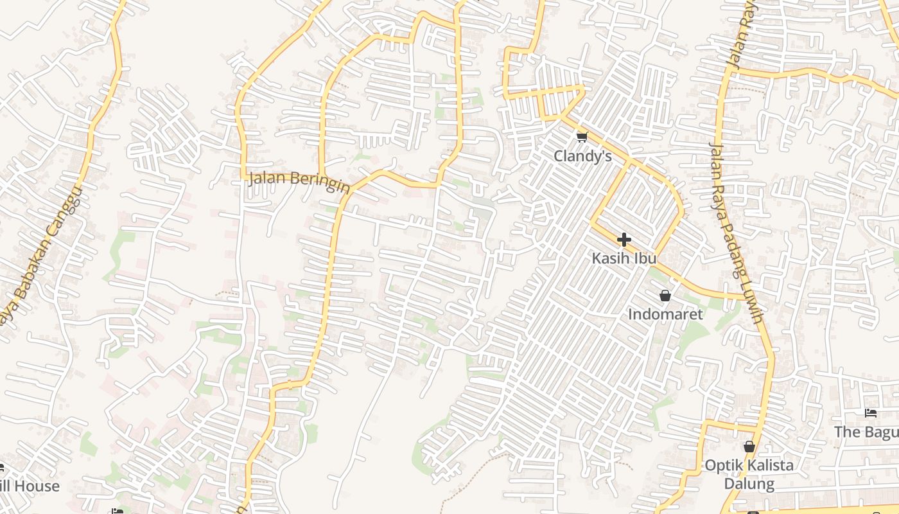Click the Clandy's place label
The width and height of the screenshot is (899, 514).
[582, 156]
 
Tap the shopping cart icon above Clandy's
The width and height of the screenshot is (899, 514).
[582, 137]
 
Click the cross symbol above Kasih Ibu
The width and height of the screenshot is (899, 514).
[624, 240]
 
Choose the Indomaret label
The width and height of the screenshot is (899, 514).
[665, 314]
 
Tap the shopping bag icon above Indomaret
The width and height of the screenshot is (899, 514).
[665, 296]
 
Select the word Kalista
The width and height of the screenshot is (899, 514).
[768, 465]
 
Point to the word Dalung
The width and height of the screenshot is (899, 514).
[749, 483]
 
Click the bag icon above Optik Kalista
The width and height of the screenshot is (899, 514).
[749, 446]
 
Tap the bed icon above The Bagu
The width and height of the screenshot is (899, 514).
[871, 412]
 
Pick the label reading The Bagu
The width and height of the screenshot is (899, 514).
[866, 432]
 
